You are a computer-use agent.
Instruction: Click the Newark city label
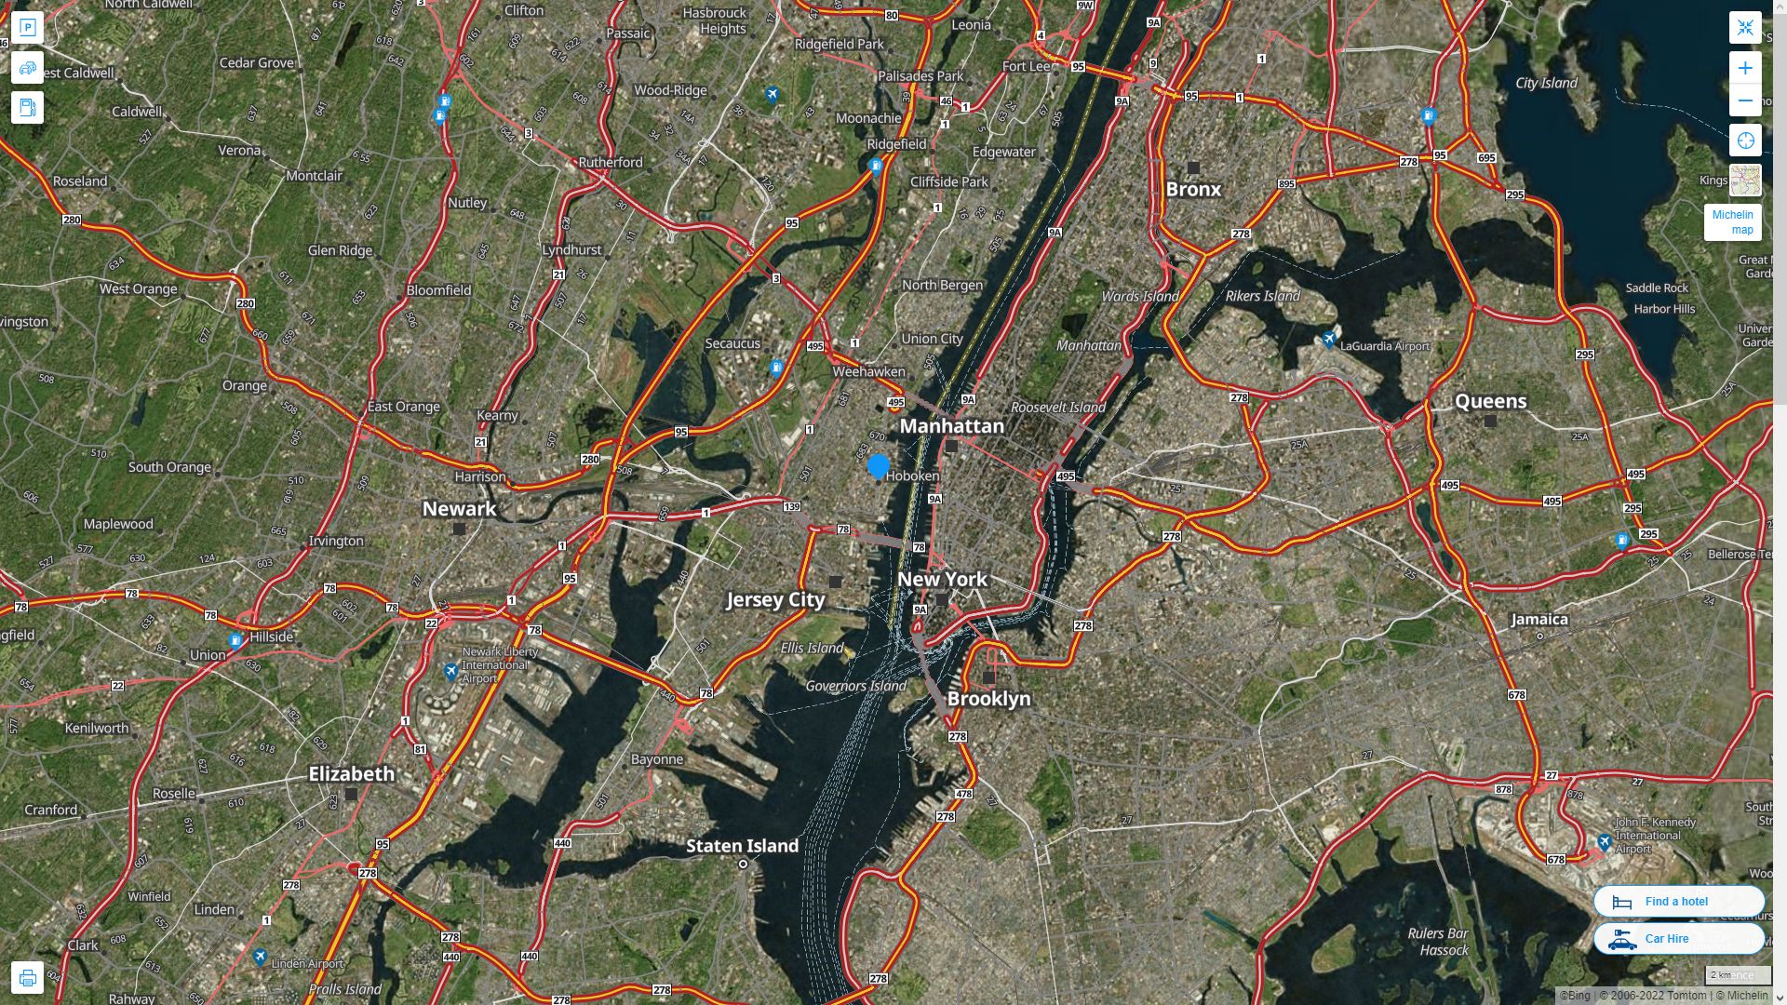pyautogui.click(x=459, y=509)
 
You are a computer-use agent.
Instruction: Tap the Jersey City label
pyautogui.click(x=775, y=600)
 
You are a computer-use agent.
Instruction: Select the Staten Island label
pyautogui.click(x=742, y=846)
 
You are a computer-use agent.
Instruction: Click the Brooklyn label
pyautogui.click(x=988, y=699)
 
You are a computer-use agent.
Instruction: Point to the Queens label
pyautogui.click(x=1490, y=401)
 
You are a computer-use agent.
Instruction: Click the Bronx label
pyautogui.click(x=1193, y=190)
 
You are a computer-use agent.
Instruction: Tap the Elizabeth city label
pyautogui.click(x=351, y=774)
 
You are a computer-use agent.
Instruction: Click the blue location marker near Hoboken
pyautogui.click(x=878, y=466)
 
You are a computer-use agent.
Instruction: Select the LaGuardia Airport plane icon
pyautogui.click(x=1330, y=340)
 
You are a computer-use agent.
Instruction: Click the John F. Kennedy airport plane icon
pyautogui.click(x=1604, y=843)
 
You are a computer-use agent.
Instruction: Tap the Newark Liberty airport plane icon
pyautogui.click(x=451, y=671)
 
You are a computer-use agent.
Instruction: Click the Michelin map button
pyautogui.click(x=1732, y=222)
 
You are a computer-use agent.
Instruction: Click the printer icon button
pyautogui.click(x=27, y=978)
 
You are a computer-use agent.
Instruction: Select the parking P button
pyautogui.click(x=27, y=28)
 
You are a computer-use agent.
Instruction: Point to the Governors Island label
pyautogui.click(x=855, y=687)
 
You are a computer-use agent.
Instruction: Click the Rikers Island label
pyautogui.click(x=1262, y=297)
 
